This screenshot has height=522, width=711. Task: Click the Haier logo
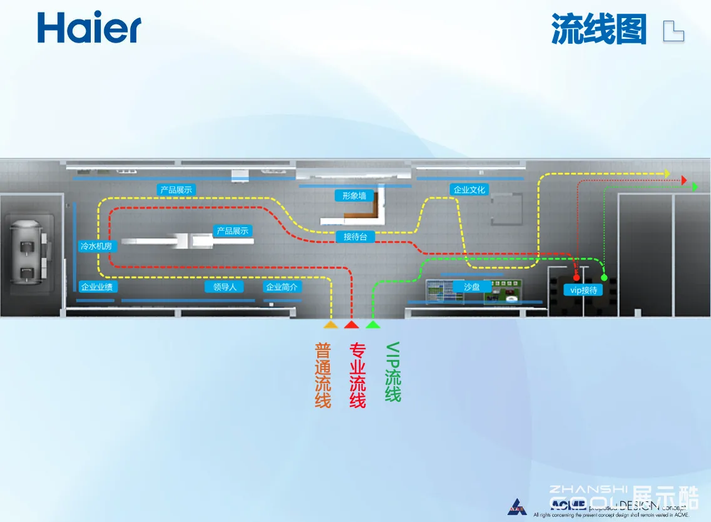[x=89, y=28]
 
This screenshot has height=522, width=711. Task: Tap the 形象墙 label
[x=354, y=196]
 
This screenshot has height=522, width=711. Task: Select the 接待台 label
[x=355, y=237]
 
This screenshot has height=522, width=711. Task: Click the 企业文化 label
[x=469, y=190]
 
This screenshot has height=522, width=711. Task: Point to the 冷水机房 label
[x=96, y=247]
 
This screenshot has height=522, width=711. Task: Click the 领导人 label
[x=225, y=287]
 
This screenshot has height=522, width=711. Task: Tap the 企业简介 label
[x=282, y=287]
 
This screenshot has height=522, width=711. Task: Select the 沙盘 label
[x=472, y=287]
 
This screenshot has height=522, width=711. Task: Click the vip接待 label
[x=583, y=290]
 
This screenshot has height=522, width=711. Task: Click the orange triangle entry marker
[x=330, y=325]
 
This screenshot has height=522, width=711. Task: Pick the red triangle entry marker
[x=351, y=325]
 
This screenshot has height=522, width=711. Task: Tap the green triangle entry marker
[x=373, y=325]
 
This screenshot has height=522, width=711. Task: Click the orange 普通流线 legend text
[x=323, y=375]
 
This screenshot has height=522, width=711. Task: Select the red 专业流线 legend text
[x=357, y=375]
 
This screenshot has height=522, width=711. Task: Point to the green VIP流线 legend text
[x=392, y=372]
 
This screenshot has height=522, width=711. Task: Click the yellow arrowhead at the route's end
[x=667, y=173]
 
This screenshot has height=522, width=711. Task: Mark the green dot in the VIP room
[x=604, y=277]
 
